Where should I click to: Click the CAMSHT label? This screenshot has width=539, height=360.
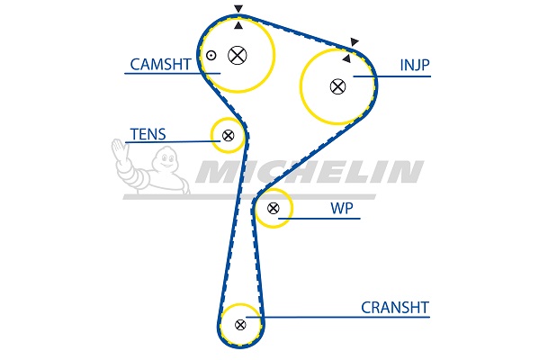click(x=160, y=64)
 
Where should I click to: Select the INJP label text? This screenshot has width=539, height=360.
click(x=415, y=65)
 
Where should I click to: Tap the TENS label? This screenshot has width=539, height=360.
click(x=148, y=134)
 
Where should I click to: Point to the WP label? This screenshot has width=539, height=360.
click(x=342, y=208)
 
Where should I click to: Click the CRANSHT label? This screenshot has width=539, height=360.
click(x=395, y=308)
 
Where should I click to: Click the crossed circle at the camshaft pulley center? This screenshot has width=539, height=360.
click(x=238, y=55)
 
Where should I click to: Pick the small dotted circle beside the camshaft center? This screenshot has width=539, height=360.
click(x=211, y=55)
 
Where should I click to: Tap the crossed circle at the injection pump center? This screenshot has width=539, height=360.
click(x=337, y=86)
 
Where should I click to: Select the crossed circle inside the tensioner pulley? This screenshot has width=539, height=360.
click(x=228, y=136)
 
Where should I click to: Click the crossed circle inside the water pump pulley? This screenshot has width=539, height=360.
click(x=273, y=208)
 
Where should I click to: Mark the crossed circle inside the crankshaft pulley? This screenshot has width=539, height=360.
click(x=240, y=325)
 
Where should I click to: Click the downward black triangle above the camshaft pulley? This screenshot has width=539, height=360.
click(x=238, y=9)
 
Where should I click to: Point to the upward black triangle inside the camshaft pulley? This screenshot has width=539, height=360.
click(x=238, y=25)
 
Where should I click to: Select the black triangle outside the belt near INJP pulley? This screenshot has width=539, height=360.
click(x=355, y=41)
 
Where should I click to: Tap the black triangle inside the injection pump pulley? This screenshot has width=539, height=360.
click(x=346, y=58)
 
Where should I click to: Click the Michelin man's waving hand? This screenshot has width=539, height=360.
click(x=120, y=148)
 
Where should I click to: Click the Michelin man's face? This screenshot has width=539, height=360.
click(x=166, y=159)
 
